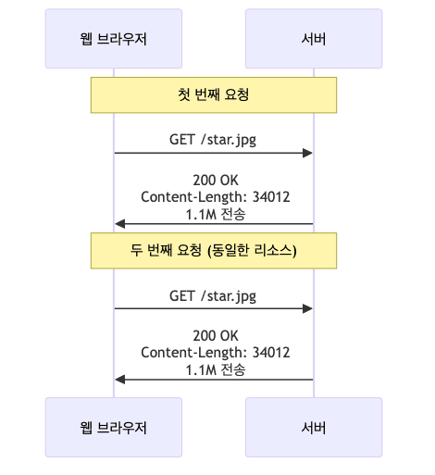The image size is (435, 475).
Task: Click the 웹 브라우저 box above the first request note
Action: (x=114, y=38)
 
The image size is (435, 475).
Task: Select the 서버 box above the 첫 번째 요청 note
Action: (x=313, y=38)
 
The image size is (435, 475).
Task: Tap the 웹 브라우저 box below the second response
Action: (x=114, y=427)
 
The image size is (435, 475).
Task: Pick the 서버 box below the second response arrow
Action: (x=313, y=427)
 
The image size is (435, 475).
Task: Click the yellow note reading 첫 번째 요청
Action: (x=213, y=94)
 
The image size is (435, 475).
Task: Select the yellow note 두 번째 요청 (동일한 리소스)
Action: (x=213, y=250)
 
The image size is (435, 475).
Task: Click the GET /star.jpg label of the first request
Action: (x=213, y=140)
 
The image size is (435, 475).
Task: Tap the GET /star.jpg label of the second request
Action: (x=213, y=296)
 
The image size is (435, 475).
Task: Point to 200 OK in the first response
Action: (x=214, y=181)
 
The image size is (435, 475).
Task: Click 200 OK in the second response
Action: (x=214, y=336)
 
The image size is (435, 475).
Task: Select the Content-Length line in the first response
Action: (x=215, y=196)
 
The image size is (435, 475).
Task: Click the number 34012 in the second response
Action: (x=271, y=353)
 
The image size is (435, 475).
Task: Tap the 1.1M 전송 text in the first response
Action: (x=215, y=212)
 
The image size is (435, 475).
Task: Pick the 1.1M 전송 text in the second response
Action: (x=215, y=369)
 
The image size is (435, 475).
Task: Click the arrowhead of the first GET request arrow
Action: (x=308, y=153)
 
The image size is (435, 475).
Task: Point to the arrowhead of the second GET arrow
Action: (x=308, y=308)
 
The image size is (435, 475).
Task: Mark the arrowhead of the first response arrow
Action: (x=119, y=224)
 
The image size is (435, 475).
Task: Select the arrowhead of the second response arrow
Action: (x=119, y=380)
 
